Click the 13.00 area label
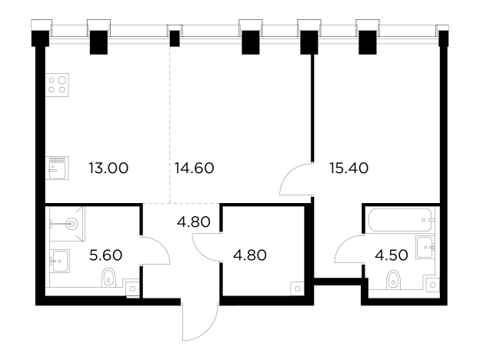[108, 168]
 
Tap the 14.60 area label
[194, 168]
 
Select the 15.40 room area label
[349, 168]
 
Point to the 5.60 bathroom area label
[106, 255]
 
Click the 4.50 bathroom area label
[392, 255]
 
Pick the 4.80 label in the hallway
[194, 222]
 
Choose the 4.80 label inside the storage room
[250, 255]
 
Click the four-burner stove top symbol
[57, 85]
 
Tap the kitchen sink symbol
[57, 168]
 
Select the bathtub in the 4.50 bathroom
[401, 220]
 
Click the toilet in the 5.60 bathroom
[108, 278]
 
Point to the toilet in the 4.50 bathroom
[394, 280]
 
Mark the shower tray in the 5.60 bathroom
[67, 224]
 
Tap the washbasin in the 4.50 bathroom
[425, 247]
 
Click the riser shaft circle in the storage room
[297, 288]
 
